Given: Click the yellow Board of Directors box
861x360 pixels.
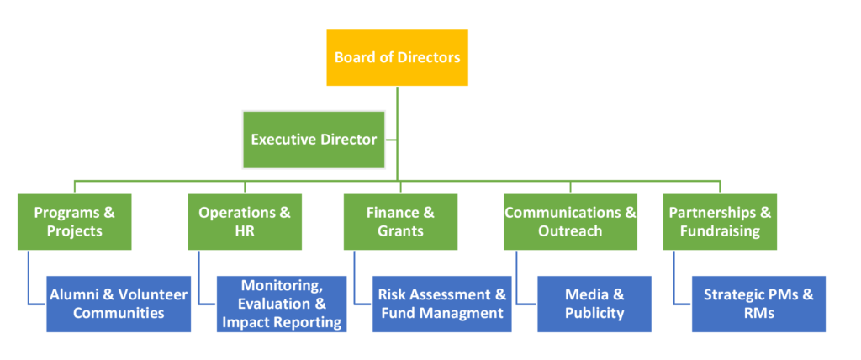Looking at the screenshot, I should (x=397, y=58).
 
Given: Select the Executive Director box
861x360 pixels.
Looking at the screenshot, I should (x=314, y=139).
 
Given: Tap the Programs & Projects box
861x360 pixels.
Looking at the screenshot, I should (x=74, y=221).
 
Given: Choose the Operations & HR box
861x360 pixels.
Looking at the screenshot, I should (x=244, y=221).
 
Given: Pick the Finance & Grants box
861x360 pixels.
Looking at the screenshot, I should (x=400, y=221).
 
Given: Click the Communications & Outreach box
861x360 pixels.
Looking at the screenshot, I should (x=570, y=221).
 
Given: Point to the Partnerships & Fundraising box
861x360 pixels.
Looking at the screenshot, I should (x=720, y=221).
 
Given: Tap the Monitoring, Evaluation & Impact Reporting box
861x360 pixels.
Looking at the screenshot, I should (x=281, y=304).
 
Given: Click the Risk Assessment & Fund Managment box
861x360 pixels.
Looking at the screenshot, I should (x=442, y=304).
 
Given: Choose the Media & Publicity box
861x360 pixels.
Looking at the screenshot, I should (x=594, y=304).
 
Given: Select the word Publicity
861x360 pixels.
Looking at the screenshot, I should (x=594, y=313).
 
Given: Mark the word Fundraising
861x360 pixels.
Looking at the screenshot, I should (x=720, y=230).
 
